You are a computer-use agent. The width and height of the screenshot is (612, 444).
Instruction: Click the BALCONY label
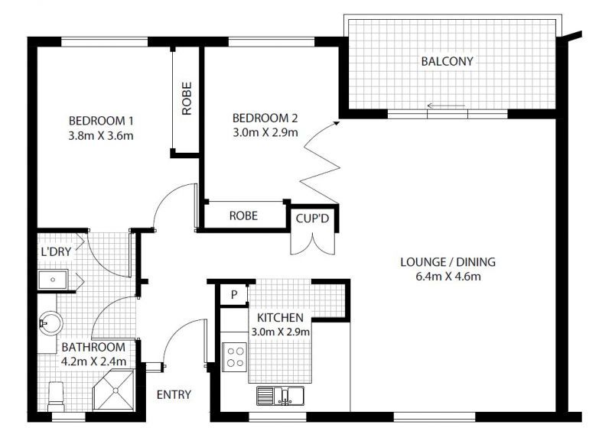448,61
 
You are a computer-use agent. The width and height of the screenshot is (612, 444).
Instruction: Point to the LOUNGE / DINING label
442,261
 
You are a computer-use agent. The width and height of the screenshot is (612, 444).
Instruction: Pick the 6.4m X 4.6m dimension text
442,277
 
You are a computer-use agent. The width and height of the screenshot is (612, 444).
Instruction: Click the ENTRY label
174,395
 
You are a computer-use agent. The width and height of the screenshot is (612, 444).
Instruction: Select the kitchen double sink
280,396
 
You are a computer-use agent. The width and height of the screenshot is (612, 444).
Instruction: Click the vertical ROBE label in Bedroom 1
187,99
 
